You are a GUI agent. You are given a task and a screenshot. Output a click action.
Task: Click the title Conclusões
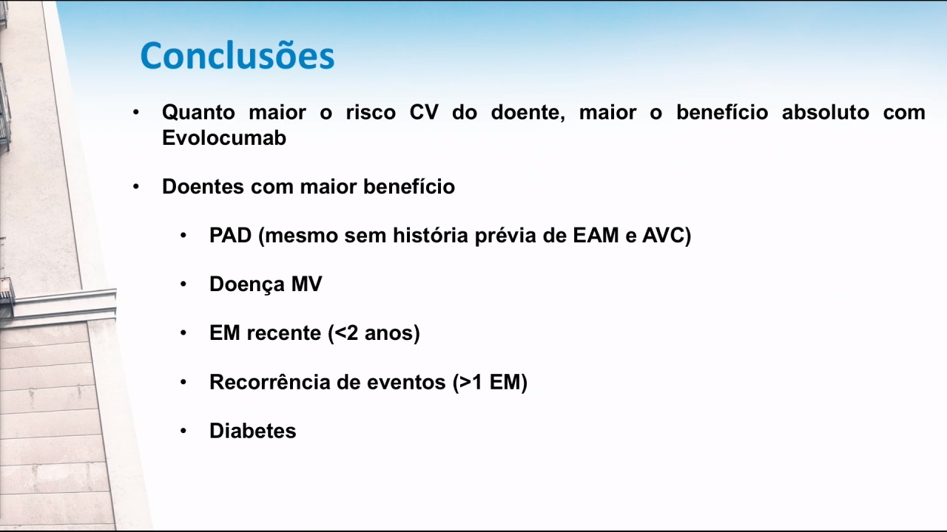pos(237,55)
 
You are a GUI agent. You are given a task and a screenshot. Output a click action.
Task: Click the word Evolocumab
pos(224,137)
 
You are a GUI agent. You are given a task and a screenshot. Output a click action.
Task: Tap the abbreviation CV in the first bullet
pos(424,112)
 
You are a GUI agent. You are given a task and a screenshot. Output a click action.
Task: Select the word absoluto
pos(825,112)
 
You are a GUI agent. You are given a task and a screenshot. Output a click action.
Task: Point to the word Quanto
pos(198,113)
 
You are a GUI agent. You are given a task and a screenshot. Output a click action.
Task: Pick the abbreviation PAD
pos(230,235)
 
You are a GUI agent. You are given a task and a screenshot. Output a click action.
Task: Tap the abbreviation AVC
pos(664,235)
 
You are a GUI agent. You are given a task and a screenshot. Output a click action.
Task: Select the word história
pos(431,235)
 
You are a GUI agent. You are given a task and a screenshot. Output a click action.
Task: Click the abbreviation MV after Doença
pos(307,284)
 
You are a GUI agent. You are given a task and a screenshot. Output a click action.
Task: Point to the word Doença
pos(247,284)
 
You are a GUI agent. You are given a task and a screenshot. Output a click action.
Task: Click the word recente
pos(284,333)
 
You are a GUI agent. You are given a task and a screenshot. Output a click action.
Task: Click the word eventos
pos(406,383)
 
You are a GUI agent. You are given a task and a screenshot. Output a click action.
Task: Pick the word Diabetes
pos(253,431)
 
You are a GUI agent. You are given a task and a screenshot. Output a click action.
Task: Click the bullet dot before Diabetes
pos(183,431)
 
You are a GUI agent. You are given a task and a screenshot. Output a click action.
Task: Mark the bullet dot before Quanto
pos(135,113)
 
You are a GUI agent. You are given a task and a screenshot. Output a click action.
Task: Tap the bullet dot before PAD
pos(183,235)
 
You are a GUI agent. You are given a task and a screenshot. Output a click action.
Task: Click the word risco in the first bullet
pos(371,112)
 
